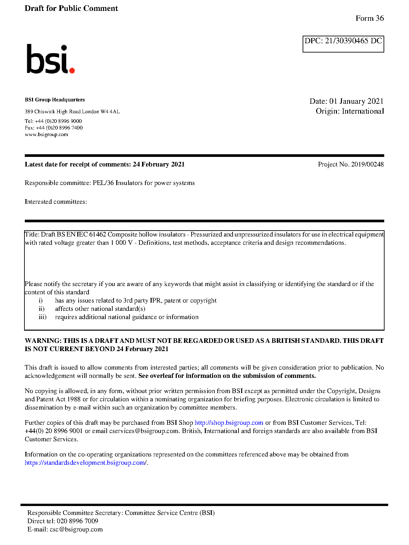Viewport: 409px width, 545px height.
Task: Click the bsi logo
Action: [50, 59]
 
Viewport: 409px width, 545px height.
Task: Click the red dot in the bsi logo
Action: [72, 70]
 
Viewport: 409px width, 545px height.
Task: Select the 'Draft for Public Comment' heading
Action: [71, 8]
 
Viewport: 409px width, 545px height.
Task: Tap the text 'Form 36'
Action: [369, 18]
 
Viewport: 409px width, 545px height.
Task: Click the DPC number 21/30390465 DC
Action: [353, 41]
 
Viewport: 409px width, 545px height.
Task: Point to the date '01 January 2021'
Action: [356, 101]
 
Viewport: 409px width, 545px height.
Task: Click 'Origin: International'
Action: [350, 111]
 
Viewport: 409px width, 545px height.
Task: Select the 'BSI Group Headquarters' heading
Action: [55, 100]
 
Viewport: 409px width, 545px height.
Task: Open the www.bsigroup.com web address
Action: [46, 134]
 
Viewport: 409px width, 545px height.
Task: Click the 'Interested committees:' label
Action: [56, 202]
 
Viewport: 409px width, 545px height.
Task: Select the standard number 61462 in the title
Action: [97, 235]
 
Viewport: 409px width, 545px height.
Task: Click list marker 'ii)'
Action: [41, 309]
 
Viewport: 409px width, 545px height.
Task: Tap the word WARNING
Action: [43, 341]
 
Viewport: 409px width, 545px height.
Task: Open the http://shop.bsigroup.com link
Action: [229, 423]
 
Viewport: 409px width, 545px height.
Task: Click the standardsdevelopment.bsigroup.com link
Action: [86, 463]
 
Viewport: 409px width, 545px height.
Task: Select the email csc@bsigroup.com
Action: [76, 529]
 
